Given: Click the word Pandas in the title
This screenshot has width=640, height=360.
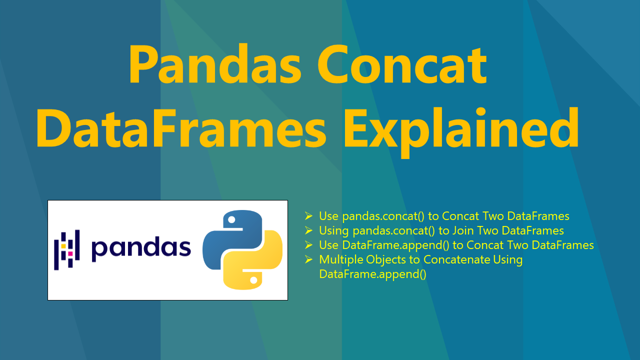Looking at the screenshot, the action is (x=215, y=64).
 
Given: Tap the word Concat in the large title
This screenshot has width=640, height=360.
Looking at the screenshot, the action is (x=403, y=64).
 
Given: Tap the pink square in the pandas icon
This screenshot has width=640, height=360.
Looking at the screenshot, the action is (x=70, y=253).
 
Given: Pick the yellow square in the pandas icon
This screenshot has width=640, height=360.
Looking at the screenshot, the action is (x=63, y=246).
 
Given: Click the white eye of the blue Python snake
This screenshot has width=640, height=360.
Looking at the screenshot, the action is (x=231, y=219).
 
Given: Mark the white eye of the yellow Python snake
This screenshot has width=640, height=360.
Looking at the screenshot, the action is (x=253, y=280).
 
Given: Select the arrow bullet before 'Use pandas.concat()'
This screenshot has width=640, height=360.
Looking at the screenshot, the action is (x=308, y=215).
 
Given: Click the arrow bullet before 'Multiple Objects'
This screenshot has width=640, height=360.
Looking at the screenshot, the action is (x=308, y=259).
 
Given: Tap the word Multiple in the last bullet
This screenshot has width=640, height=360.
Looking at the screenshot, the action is (x=341, y=260).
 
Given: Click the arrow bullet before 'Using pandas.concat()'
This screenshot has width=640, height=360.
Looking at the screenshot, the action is (x=308, y=230).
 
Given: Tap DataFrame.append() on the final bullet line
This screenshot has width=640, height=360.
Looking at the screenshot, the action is (x=372, y=274).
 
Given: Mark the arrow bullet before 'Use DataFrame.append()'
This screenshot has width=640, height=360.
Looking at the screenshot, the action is (x=308, y=245).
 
